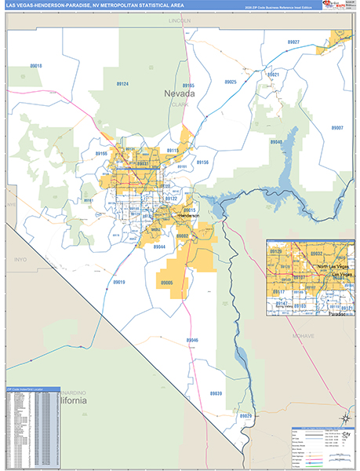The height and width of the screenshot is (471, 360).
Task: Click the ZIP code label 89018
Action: [35, 66]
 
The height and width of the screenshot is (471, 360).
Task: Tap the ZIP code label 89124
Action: [121, 83]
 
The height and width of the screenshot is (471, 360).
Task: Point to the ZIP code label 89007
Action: [337, 127]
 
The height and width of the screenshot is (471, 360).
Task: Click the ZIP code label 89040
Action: [276, 142]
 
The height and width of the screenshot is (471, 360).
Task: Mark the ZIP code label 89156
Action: [202, 162]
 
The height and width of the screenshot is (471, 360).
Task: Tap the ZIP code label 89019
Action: [118, 281]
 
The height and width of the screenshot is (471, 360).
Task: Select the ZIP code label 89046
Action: [192, 340]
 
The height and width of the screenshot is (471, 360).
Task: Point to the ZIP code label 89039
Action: [216, 393]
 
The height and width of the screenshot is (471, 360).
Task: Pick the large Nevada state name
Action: [180, 94]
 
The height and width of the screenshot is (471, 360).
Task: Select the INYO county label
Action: [21, 257]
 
